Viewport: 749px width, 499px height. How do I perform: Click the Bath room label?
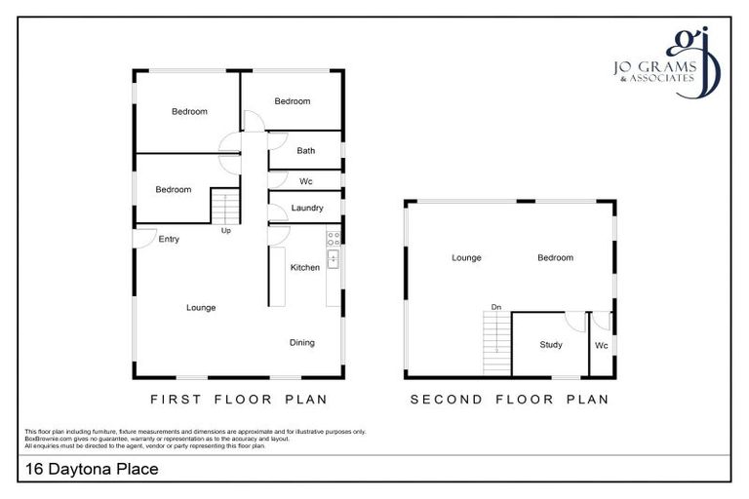(305, 151)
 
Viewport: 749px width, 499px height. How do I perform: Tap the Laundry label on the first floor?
(306, 209)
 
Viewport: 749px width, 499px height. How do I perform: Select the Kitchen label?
(305, 267)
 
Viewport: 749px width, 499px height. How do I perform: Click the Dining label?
(301, 342)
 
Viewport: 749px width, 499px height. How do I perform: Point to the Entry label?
(169, 239)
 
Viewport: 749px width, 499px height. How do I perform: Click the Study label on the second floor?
(551, 344)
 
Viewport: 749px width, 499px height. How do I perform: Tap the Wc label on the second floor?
(601, 344)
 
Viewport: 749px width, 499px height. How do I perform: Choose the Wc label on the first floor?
(305, 181)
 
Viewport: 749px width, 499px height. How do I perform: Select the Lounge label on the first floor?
(201, 307)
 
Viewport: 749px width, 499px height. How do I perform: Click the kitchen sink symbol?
(333, 258)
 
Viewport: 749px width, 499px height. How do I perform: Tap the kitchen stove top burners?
(333, 236)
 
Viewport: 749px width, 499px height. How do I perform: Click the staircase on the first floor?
(225, 207)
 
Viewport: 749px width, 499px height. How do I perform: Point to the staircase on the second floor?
(496, 342)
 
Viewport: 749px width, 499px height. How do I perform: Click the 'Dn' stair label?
(496, 307)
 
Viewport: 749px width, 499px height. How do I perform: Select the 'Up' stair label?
(225, 231)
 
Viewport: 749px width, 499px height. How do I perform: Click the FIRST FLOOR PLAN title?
(238, 400)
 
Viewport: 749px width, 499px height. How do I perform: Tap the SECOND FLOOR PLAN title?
(509, 400)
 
